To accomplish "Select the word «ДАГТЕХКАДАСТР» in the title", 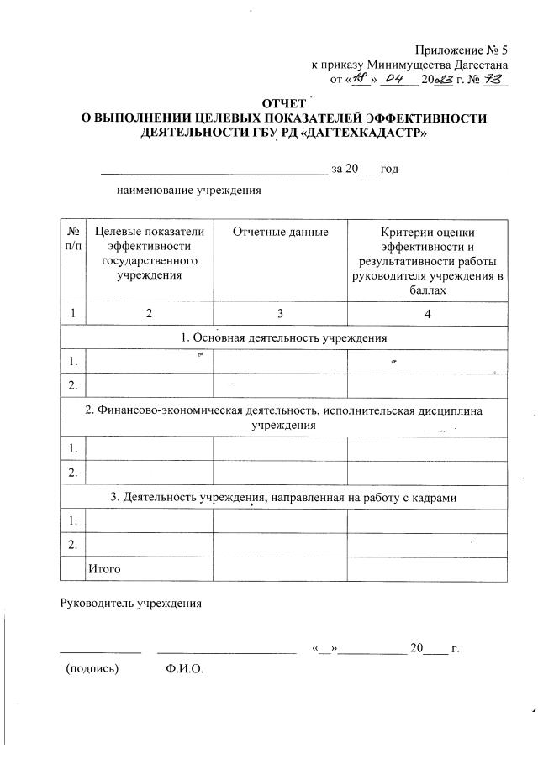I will click(x=357, y=133).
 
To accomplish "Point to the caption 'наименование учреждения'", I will click(x=188, y=190).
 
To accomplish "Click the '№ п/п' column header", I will click(x=72, y=238).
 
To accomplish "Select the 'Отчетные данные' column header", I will click(x=280, y=232).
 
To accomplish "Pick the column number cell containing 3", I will click(x=280, y=313).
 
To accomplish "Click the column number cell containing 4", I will click(x=427, y=313).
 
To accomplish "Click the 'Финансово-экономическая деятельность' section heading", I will click(x=284, y=417).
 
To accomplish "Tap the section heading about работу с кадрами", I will click(x=284, y=497).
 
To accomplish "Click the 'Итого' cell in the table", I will click(x=104, y=569).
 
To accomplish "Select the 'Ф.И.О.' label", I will click(x=185, y=670).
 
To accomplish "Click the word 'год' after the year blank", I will click(x=389, y=169).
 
